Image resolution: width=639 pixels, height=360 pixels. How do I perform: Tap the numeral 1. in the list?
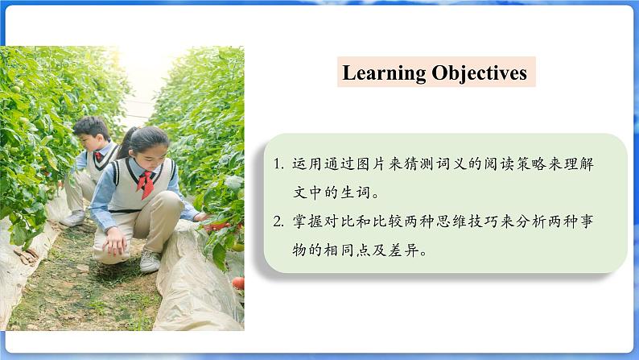coord(278,163)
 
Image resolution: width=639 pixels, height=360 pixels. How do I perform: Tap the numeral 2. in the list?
coord(278,221)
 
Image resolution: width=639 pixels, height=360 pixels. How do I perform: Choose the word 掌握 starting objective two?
coord(308,221)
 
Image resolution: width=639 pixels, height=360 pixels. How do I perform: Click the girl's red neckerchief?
coord(146,184)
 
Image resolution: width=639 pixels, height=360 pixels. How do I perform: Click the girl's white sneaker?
coord(150,261)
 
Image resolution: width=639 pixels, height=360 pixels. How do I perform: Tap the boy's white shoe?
coord(73,218)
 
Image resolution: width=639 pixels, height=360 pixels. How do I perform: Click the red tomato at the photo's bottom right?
coord(238,283)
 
